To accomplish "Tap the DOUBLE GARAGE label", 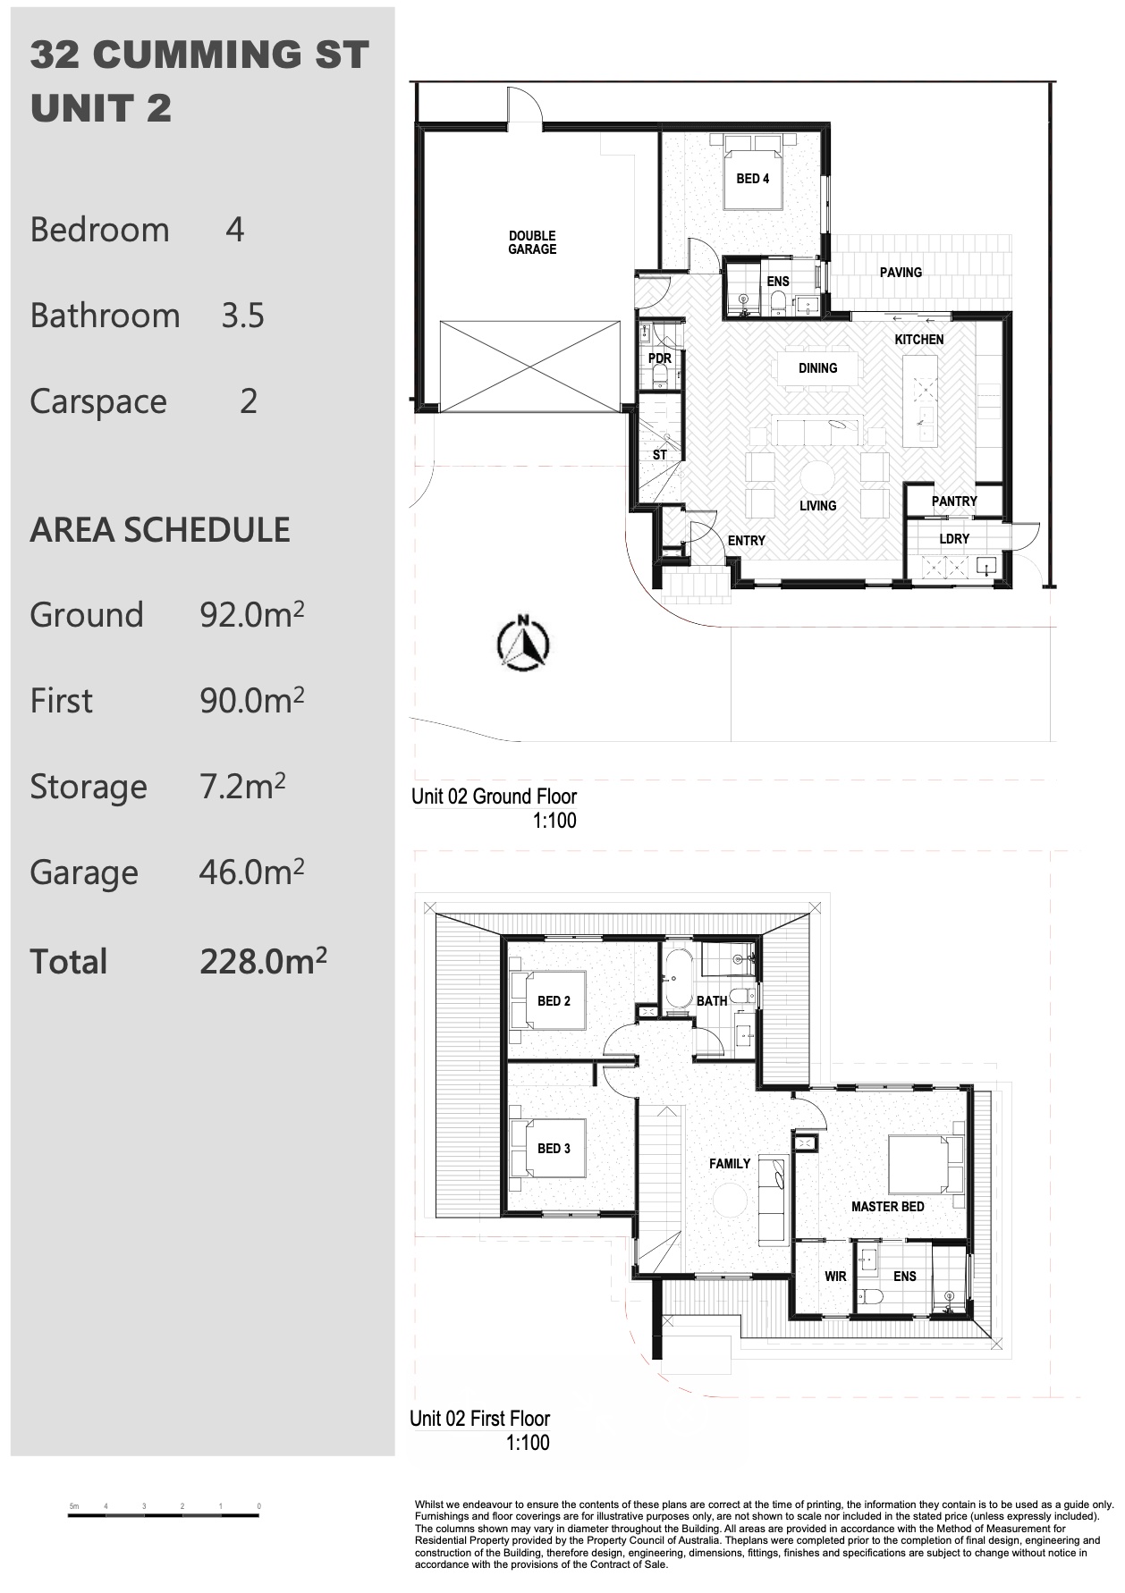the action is click(532, 243).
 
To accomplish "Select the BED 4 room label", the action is click(753, 179).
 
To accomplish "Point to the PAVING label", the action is click(901, 273).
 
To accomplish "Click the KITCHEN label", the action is click(919, 340).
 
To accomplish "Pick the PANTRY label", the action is click(954, 501).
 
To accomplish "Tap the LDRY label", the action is click(954, 539).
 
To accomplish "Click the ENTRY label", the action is click(747, 541).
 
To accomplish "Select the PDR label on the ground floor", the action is click(660, 358).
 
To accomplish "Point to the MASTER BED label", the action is click(888, 1207).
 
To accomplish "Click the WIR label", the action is click(835, 1277).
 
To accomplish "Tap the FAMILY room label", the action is click(730, 1164).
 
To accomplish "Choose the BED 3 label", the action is click(554, 1149).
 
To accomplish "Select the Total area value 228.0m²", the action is click(263, 961).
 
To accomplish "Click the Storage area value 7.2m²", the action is click(242, 787).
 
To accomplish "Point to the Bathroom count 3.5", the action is click(243, 316).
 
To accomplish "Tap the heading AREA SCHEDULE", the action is click(160, 530).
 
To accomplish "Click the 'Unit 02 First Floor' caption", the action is click(480, 1419).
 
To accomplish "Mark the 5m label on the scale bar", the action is click(74, 1506).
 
